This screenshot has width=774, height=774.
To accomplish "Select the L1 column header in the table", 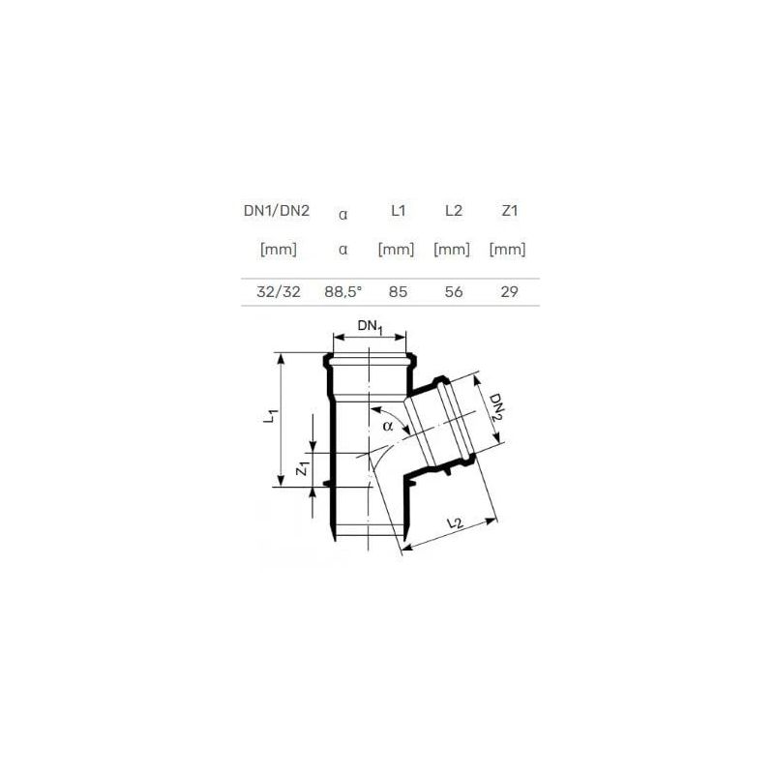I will (397, 210).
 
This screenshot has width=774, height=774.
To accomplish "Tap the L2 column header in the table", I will (451, 210).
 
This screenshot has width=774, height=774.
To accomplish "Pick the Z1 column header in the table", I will (507, 210).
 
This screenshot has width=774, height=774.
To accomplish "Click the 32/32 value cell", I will (279, 290).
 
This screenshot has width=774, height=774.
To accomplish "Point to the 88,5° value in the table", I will (343, 290).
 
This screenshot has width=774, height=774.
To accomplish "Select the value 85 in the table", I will (397, 290).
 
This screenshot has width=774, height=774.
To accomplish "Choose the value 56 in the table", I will (451, 290).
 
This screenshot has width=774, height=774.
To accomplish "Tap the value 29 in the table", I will (507, 290).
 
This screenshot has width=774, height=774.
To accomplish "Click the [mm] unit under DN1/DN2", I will (279, 250).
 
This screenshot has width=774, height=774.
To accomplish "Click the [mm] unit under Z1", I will (507, 250).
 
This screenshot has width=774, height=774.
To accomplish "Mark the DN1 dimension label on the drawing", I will (371, 328).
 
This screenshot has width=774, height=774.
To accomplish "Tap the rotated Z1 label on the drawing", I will (302, 470).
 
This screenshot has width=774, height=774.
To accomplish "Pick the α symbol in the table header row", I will (343, 215).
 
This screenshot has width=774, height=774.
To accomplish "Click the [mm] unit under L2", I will (451, 250).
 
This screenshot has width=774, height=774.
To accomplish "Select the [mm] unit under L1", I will (397, 250).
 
